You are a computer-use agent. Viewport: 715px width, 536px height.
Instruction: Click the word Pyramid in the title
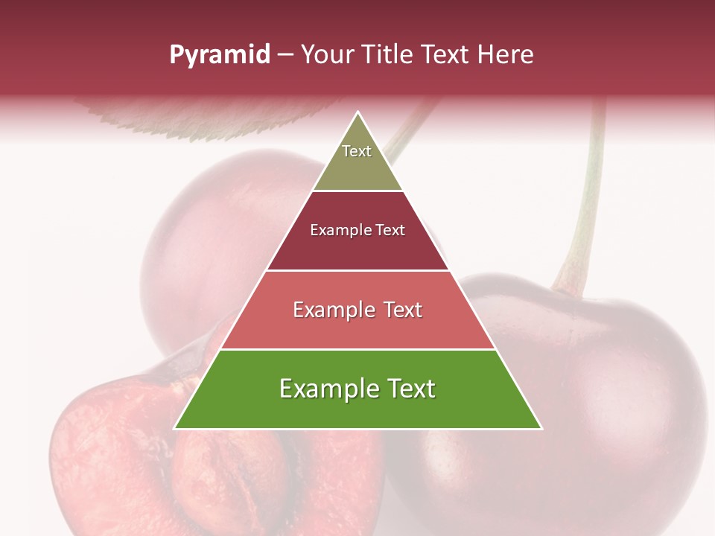click(219, 55)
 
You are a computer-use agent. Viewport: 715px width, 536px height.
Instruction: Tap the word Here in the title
click(506, 55)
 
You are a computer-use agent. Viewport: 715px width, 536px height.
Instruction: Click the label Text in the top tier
click(357, 151)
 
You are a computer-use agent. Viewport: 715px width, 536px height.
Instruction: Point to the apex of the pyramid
click(358, 113)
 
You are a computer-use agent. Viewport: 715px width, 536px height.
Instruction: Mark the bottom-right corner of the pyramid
click(541, 428)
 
